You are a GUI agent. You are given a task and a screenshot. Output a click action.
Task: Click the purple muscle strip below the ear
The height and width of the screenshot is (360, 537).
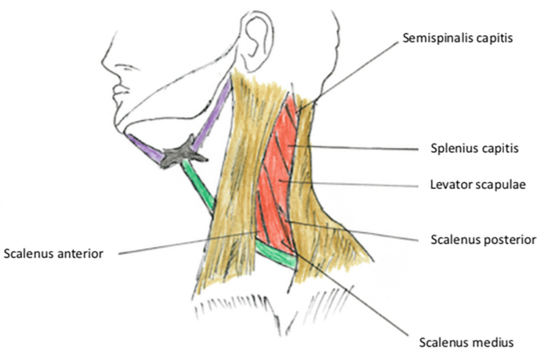pos(216,114)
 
